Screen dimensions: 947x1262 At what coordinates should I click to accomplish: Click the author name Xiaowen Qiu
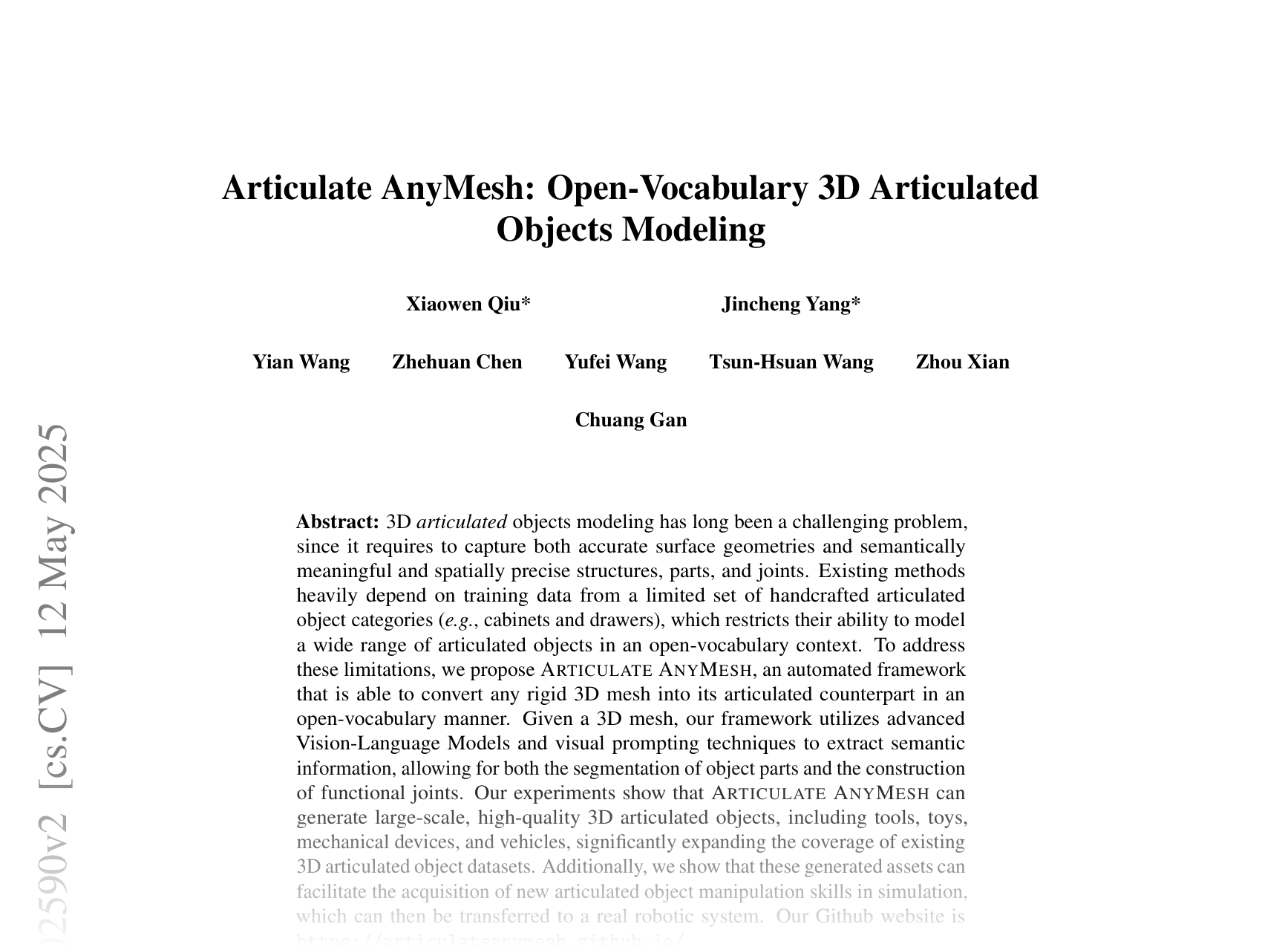tap(468, 305)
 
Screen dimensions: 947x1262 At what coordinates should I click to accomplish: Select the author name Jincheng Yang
tap(791, 305)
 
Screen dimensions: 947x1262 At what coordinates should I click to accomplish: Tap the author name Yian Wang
tap(301, 362)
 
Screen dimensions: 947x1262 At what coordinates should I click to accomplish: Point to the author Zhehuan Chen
tap(457, 362)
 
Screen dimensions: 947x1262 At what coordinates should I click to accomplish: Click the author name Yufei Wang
tap(615, 362)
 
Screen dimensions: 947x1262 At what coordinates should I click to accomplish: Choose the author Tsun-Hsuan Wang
tap(791, 362)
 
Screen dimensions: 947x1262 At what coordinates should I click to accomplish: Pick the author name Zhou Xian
tap(962, 362)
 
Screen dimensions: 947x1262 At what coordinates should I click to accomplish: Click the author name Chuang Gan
tap(631, 420)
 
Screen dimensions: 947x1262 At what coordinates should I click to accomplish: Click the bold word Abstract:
tap(338, 522)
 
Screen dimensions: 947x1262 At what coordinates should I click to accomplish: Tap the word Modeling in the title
tap(693, 230)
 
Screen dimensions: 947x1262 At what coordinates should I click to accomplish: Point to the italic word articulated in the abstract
tap(462, 522)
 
